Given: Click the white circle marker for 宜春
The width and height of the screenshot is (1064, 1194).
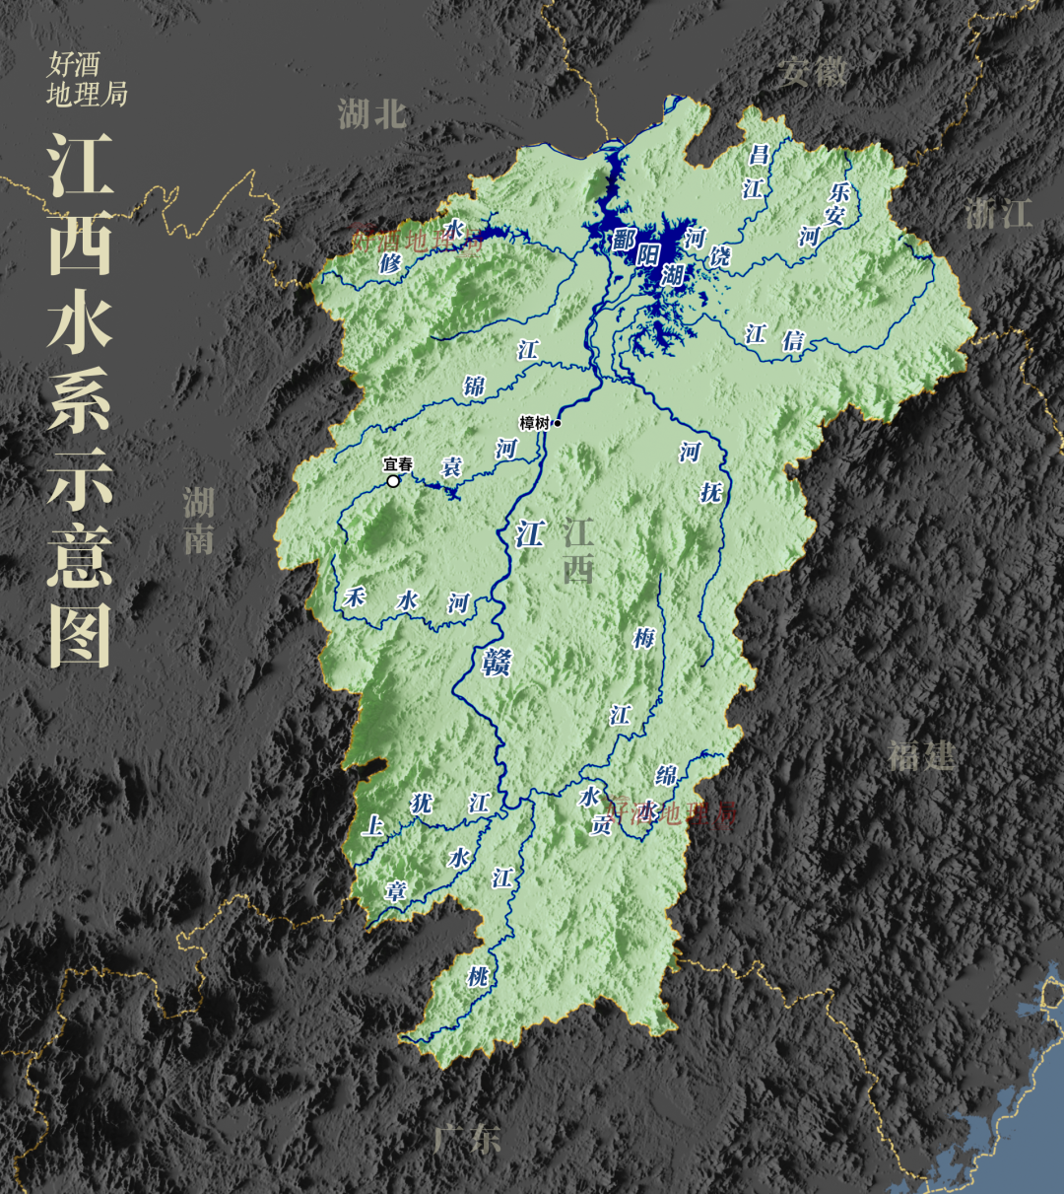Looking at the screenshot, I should [394, 481].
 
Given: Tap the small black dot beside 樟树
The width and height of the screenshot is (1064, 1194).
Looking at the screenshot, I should [558, 423].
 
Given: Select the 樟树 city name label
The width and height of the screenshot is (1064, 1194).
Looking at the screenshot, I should [534, 423].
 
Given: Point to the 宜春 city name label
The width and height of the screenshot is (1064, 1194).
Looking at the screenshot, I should [398, 463].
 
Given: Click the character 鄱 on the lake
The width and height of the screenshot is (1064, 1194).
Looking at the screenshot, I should [623, 240].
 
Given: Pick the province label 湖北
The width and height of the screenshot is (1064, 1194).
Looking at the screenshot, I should [372, 114].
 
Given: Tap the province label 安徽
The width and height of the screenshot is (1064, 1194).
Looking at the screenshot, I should [814, 72].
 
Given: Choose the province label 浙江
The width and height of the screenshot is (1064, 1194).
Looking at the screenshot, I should [998, 214].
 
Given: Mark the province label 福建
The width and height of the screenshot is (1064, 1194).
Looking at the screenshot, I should [921, 755].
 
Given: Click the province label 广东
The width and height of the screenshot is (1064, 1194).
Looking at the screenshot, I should [468, 1140].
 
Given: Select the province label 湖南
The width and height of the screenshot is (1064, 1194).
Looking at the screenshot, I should [199, 520].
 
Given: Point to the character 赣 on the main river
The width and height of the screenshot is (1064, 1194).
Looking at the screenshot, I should [497, 662].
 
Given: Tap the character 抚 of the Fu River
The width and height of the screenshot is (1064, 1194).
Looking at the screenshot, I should [711, 492].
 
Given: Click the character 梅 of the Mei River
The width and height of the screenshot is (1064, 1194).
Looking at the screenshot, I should [644, 638].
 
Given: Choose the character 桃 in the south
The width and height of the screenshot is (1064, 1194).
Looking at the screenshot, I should [478, 977].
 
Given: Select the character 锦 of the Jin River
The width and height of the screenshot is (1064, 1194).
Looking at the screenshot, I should [474, 386].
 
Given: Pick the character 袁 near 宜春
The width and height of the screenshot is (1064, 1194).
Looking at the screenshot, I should [451, 466].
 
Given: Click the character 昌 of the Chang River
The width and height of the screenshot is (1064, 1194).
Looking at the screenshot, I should [758, 155].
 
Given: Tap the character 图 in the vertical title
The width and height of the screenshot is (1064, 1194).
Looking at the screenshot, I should [80, 631].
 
